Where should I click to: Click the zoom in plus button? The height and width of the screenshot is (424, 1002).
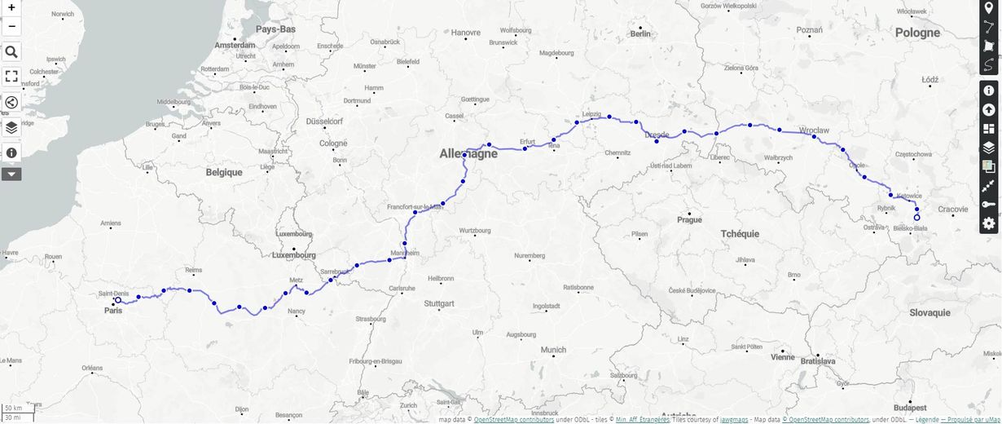click(11, 7)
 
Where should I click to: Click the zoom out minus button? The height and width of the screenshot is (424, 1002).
click(11, 26)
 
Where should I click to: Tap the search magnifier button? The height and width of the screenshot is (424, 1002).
click(11, 52)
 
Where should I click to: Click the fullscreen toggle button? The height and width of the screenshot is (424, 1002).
click(11, 77)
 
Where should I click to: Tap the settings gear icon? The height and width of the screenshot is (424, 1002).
click(988, 223)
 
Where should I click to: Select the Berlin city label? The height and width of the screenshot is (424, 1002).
click(640, 34)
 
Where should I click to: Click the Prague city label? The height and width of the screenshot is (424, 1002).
click(689, 220)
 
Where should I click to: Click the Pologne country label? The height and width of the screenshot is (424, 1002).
click(917, 33)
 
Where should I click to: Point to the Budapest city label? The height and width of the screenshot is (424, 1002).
click(909, 407)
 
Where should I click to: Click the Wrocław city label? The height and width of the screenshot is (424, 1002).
click(814, 130)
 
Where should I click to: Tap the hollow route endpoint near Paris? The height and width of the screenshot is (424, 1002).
click(118, 300)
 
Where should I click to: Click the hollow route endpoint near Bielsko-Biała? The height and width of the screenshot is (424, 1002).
click(916, 218)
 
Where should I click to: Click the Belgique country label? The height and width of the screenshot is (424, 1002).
click(224, 173)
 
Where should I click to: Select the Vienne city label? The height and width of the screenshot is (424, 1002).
click(782, 356)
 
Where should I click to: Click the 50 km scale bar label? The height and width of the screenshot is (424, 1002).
click(13, 408)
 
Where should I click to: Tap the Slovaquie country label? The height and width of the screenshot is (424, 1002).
click(929, 312)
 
